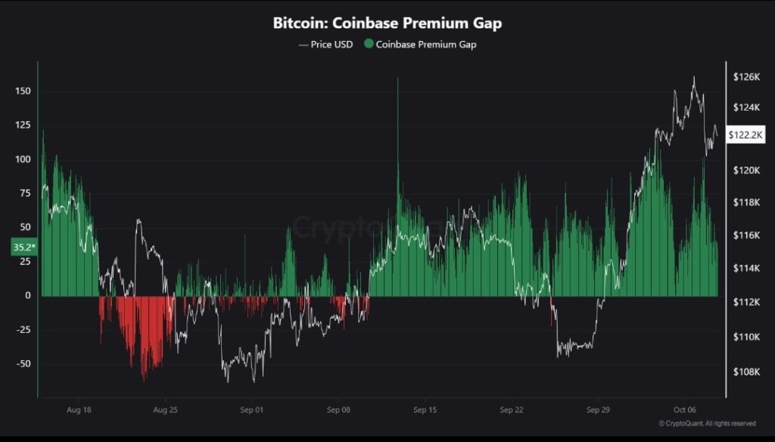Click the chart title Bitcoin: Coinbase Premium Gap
387,23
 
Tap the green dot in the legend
369,44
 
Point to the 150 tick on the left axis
23,92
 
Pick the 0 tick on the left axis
27,296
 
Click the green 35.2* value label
23,247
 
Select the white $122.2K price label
745,135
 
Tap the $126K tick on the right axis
745,76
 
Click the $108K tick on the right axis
745,372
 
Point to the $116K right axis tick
745,236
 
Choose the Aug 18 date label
79,409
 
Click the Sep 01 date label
251,409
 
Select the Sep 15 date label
425,409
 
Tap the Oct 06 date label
684,409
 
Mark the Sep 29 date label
598,409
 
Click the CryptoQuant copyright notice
707,423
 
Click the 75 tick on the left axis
25,193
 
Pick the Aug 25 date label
165,409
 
